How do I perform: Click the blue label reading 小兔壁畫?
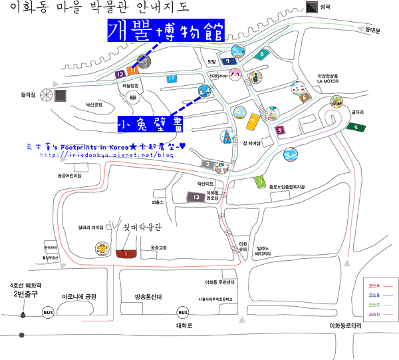[149, 124]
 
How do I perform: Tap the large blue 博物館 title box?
[166, 31]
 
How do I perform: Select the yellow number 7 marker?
[253, 122]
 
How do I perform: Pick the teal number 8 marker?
[263, 55]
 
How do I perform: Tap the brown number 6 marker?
[305, 98]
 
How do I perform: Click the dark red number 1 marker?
[126, 253]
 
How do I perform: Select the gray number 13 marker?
[195, 197]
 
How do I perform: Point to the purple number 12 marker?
[120, 75]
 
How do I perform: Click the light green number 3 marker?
[261, 181]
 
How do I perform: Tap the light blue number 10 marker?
[172, 79]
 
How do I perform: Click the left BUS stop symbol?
[48, 311]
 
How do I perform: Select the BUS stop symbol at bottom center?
[182, 312]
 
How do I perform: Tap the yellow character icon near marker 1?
[102, 249]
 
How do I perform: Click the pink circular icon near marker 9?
[235, 76]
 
